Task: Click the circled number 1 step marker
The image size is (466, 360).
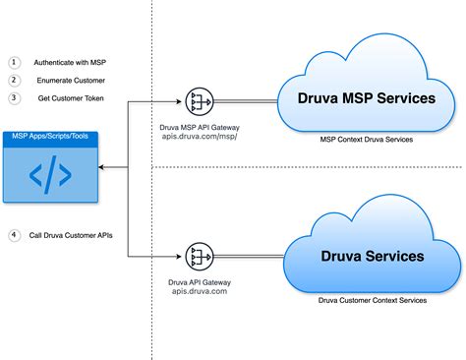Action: click(15, 61)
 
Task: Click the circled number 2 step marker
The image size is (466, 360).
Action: click(15, 79)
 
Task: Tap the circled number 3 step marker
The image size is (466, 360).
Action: click(15, 97)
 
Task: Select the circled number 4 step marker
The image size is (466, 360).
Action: click(15, 234)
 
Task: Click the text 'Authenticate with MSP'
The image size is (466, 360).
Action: click(70, 61)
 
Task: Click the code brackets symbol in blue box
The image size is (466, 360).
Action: click(49, 175)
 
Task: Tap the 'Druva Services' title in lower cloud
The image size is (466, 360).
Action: click(373, 256)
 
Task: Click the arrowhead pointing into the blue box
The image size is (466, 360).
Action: click(102, 168)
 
